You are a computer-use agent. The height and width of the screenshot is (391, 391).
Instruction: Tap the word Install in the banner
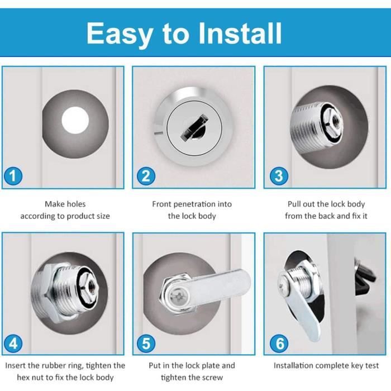point(240,33)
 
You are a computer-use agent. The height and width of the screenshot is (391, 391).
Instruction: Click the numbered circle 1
point(13,176)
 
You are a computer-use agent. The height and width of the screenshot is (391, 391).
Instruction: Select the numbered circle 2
point(146,176)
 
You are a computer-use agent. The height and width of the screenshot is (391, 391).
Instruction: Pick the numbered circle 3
point(279,176)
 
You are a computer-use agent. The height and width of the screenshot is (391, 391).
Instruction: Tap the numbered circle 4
point(13,344)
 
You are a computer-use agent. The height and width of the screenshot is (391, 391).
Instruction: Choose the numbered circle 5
point(146,344)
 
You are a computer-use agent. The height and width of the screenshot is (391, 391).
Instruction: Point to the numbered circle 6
point(279,344)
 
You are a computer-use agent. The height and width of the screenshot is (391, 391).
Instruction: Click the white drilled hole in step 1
point(75,120)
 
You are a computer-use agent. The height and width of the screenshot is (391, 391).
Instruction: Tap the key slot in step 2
point(194,127)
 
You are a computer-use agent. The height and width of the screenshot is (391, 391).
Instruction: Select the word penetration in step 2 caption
point(195,204)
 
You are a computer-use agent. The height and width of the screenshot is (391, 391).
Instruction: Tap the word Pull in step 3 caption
point(293,204)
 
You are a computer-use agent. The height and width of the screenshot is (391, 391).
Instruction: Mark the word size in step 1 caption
point(102,216)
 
